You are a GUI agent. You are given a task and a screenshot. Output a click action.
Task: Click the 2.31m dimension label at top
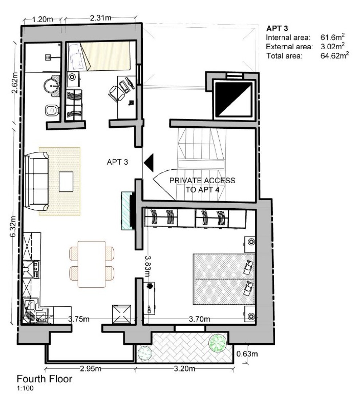click(101, 17)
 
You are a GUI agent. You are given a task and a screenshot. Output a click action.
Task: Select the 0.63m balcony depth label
click(247, 354)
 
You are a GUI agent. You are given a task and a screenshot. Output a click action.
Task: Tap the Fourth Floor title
click(44, 379)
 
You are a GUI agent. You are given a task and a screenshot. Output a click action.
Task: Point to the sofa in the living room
click(36, 181)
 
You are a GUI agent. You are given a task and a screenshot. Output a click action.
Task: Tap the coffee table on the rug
click(66, 181)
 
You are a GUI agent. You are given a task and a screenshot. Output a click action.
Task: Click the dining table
click(92, 264)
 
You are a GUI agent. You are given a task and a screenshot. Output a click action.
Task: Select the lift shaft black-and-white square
click(234, 100)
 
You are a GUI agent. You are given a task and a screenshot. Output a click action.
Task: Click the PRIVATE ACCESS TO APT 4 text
click(202, 184)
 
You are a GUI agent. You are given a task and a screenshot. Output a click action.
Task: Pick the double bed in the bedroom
click(223, 279)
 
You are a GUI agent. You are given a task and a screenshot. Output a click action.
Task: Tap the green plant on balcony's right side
click(218, 343)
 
